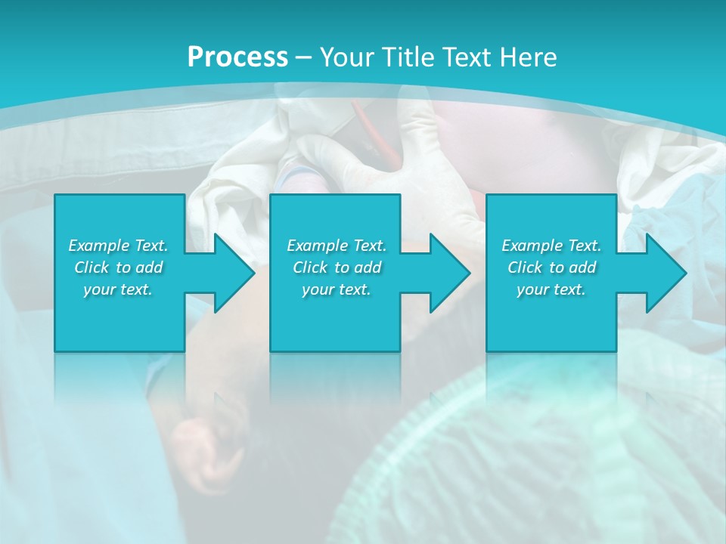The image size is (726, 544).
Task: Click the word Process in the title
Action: coord(237,57)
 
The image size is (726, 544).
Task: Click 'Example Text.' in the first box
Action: coord(118,246)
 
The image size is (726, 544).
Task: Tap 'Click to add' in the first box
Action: coord(118,267)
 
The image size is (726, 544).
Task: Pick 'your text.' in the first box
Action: coord(118,289)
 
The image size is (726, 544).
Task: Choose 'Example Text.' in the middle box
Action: coord(337,246)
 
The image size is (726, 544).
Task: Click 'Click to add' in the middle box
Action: coord(337,267)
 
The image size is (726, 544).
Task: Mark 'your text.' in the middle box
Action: coord(337,289)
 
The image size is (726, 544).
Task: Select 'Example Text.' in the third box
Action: coord(551,246)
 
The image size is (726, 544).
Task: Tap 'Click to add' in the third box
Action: coord(551,267)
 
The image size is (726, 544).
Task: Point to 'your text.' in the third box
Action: coord(551,289)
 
